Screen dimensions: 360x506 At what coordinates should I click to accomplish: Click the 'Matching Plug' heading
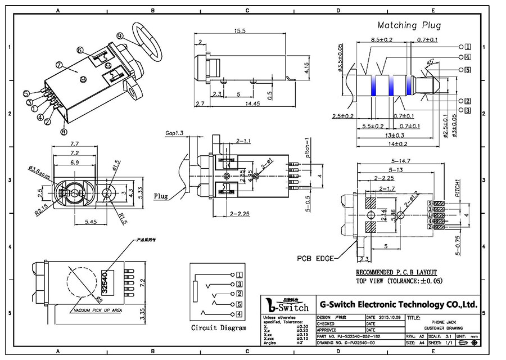[409, 25]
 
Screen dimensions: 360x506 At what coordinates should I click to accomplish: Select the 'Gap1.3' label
[174, 133]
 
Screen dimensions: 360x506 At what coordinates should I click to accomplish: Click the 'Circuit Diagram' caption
[218, 328]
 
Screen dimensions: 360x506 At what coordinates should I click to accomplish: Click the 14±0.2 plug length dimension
[397, 143]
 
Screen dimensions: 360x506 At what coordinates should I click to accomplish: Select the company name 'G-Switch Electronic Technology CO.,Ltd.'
[399, 304]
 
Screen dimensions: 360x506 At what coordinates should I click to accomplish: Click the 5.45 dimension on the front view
[91, 222]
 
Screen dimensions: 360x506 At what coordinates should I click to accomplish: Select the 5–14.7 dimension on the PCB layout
[397, 161]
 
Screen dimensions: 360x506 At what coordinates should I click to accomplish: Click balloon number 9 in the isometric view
[120, 35]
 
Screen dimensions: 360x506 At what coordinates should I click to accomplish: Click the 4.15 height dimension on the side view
[306, 68]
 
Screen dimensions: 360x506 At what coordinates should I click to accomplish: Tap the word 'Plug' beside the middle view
[161, 196]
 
